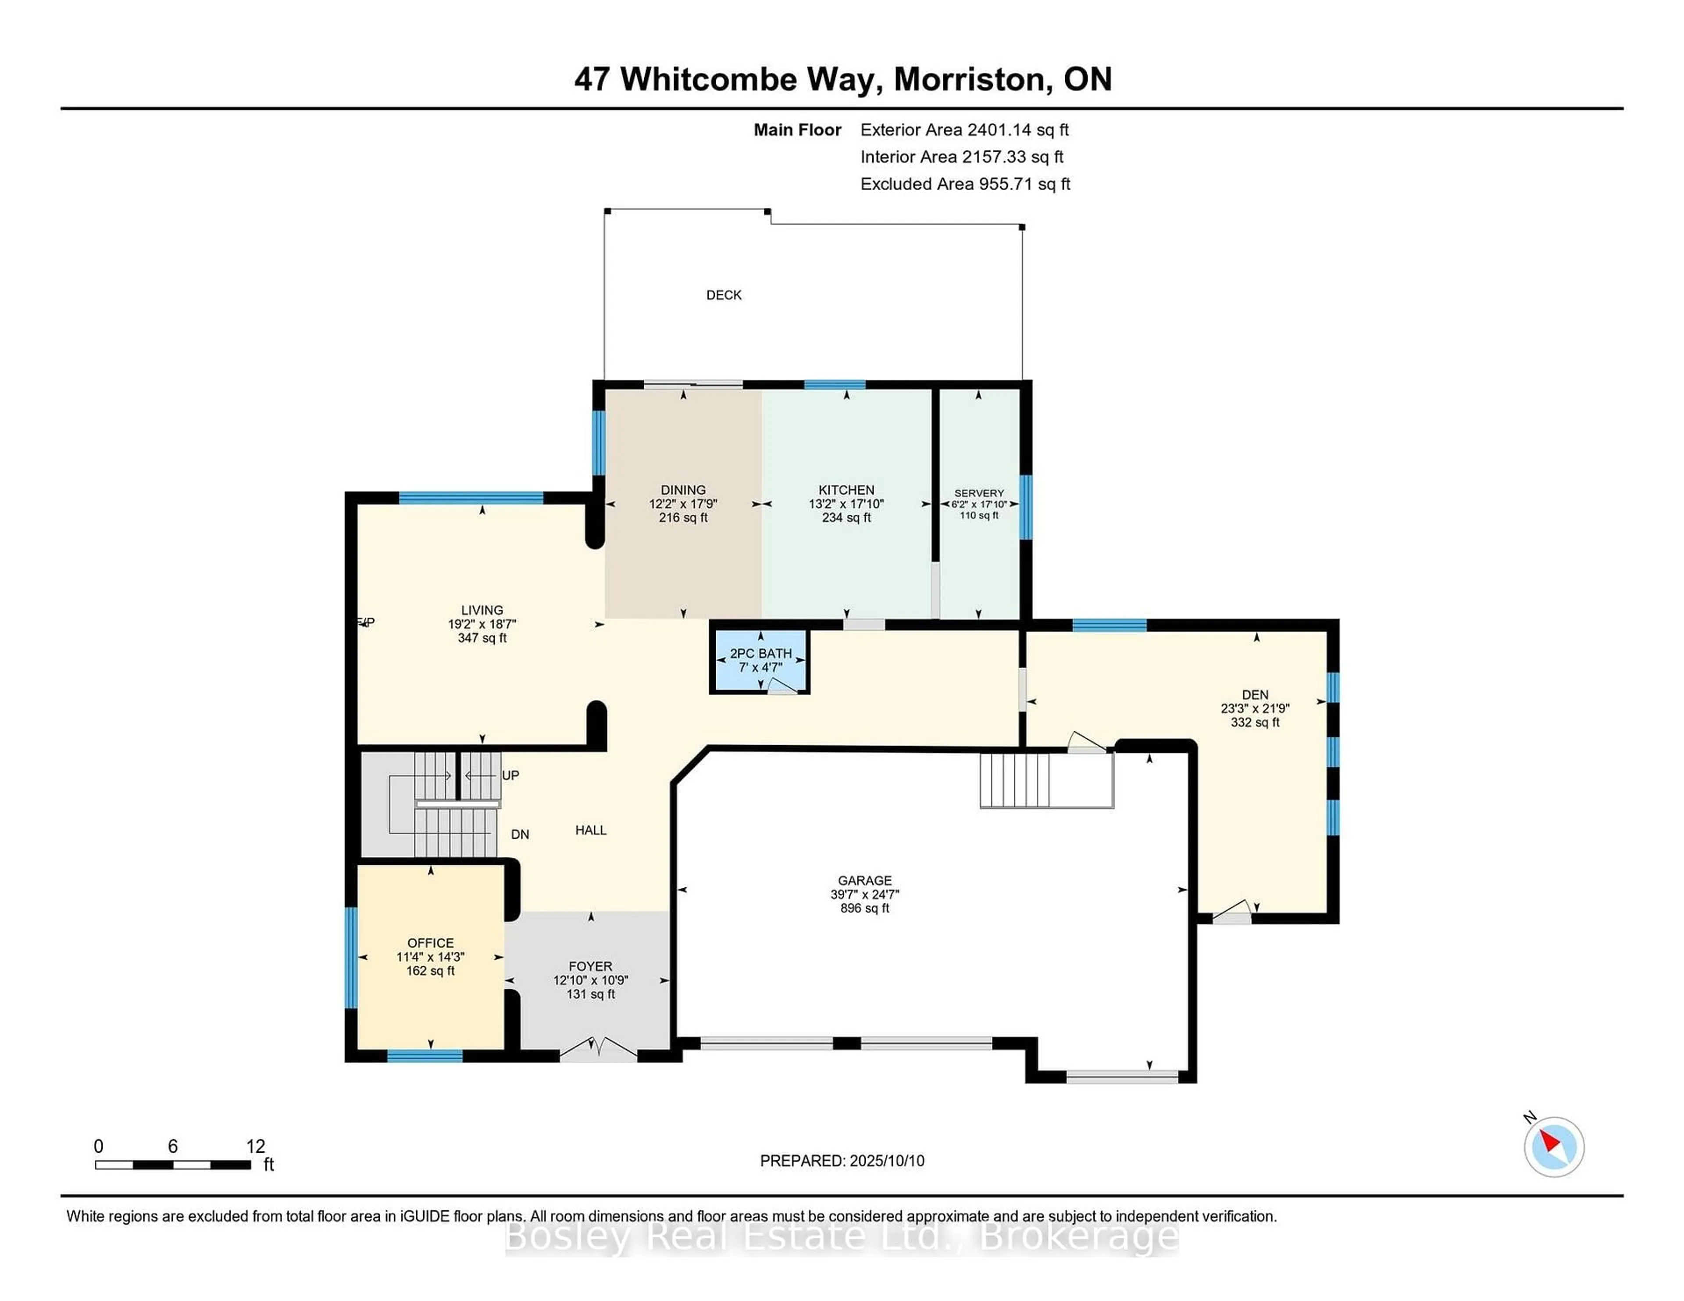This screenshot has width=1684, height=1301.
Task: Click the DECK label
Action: [723, 295]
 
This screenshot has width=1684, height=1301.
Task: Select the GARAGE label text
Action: [864, 880]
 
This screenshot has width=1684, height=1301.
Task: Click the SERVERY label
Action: [978, 493]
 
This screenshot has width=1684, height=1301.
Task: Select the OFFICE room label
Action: [430, 942]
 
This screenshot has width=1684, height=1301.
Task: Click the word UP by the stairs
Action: [510, 775]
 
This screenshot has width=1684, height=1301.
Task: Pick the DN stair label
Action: [520, 834]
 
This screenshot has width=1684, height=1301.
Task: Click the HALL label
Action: [591, 830]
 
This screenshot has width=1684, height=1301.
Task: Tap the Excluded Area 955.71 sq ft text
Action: [965, 183]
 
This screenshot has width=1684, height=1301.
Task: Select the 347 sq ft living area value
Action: [482, 638]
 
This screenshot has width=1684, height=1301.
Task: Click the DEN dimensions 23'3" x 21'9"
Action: [1255, 708]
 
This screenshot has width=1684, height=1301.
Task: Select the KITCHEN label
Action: [846, 490]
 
